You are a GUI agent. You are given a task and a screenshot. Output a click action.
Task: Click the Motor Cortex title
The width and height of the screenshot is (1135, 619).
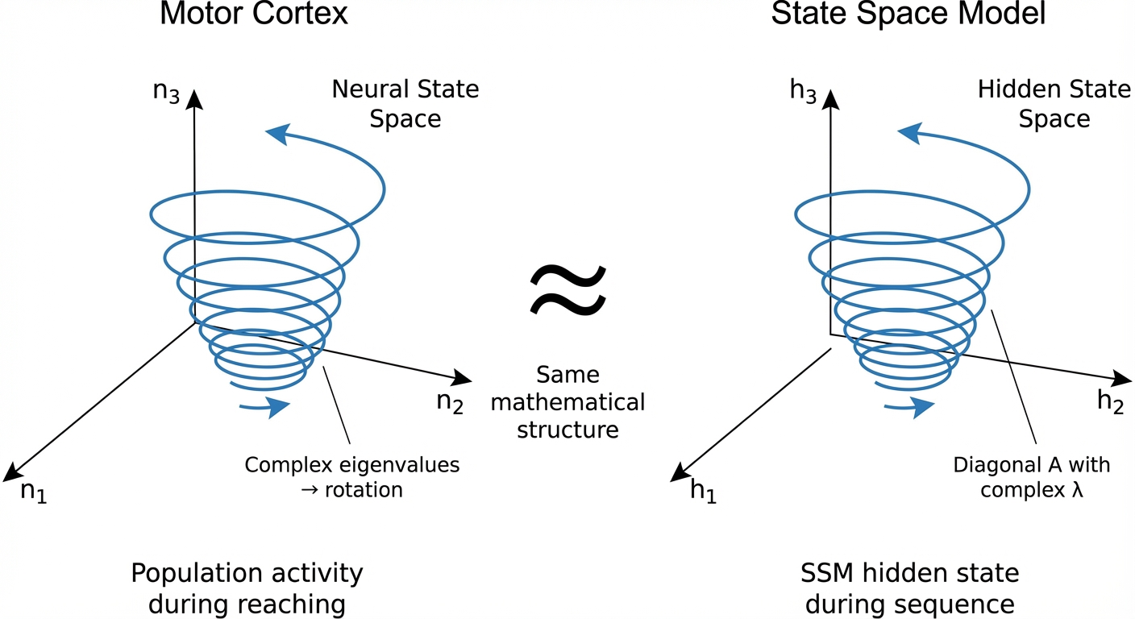254,15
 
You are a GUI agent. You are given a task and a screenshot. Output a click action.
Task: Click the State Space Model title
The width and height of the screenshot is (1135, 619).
908,15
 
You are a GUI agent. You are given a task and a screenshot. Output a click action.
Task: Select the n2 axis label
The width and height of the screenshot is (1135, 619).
450,401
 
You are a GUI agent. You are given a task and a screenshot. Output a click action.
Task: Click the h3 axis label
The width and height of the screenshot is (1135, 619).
803,90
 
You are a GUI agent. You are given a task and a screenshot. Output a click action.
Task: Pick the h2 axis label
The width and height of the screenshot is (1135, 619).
1110,404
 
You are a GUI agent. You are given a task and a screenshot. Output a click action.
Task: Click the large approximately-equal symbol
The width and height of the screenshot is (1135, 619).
567,291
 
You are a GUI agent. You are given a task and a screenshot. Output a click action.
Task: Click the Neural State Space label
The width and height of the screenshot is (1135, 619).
405,104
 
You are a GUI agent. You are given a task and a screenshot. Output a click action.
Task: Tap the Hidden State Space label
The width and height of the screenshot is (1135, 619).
1054,104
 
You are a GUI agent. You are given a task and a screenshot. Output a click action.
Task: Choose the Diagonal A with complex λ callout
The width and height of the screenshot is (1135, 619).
1031,477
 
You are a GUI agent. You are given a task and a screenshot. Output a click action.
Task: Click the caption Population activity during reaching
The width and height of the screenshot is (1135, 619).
247,588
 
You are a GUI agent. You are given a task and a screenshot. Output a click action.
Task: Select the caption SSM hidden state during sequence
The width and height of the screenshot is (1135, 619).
909,588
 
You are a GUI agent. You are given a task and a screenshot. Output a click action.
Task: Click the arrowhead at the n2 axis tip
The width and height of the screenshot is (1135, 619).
463,377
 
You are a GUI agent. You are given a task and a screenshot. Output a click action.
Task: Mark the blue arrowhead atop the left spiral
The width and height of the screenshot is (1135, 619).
276,134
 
